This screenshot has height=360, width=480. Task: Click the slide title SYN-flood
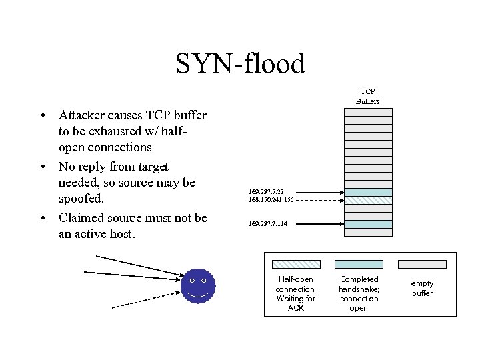coord(240,63)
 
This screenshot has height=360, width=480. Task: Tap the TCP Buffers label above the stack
coord(367,96)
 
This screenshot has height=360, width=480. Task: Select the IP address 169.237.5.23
coord(266,192)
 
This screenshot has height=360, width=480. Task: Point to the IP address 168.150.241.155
coord(271,200)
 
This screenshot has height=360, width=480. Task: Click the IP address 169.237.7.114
coord(268,224)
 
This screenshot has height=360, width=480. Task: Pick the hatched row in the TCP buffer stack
coord(367,199)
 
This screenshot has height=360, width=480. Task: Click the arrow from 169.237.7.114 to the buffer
coord(317,224)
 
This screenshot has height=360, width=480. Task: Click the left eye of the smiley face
coord(192,280)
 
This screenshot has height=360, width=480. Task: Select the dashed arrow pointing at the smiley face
coord(147,300)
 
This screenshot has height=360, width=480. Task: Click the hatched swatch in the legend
coord(296,264)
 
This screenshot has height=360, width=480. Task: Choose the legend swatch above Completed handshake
coord(359,264)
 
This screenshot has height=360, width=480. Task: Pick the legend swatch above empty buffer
coord(422,264)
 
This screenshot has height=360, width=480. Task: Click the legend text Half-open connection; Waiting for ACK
coord(296,293)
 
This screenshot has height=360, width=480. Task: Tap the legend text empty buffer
coord(422,289)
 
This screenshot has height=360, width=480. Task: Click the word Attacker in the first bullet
coord(84,115)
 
